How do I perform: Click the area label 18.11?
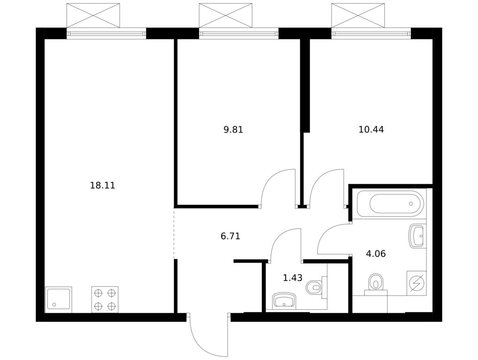pos(102,185)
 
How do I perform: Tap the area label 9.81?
pos(233,130)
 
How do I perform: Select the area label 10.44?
pos(371,129)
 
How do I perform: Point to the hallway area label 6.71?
pos(230,236)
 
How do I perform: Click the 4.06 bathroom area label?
pos(376,254)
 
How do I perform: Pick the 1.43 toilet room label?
pos(293,278)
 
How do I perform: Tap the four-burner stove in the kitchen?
pos(105,300)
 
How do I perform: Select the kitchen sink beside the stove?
pos(58,300)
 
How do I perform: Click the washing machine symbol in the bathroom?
pos(417,283)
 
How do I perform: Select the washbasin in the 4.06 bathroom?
pos(417,236)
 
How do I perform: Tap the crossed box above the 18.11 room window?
pos(93,15)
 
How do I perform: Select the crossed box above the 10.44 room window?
pos(358,15)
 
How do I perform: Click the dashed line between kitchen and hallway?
pos(174,233)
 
